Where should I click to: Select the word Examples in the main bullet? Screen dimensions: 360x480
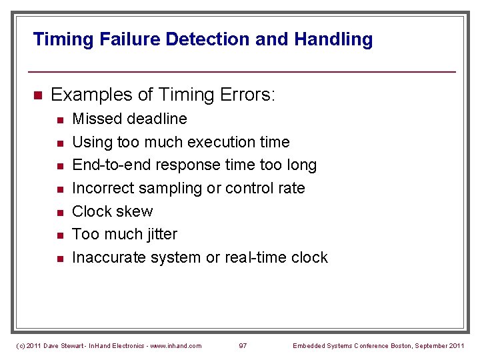pyautogui.click(x=91, y=95)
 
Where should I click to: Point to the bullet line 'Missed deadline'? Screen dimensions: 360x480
pyautogui.click(x=129, y=119)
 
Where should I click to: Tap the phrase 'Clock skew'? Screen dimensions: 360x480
pyautogui.click(x=112, y=211)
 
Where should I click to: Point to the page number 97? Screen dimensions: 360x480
pyautogui.click(x=243, y=345)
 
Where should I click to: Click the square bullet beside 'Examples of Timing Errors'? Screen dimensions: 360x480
pyautogui.click(x=37, y=95)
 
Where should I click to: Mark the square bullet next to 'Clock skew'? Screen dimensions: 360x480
pyautogui.click(x=59, y=212)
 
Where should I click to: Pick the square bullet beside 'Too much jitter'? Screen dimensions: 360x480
pyautogui.click(x=59, y=235)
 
